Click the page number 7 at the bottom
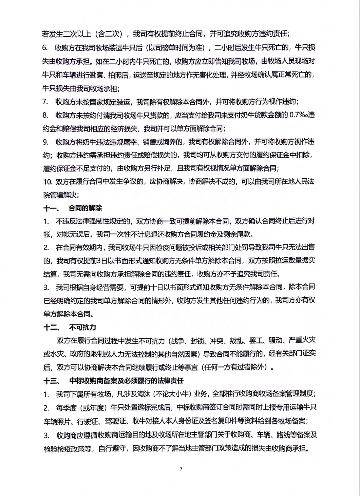point(181,469)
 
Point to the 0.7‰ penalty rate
point(298,115)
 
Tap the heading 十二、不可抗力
point(70,328)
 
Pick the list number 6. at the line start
point(45,47)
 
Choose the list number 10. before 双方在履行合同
point(47,181)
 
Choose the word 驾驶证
point(115,421)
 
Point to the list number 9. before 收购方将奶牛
point(45,142)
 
